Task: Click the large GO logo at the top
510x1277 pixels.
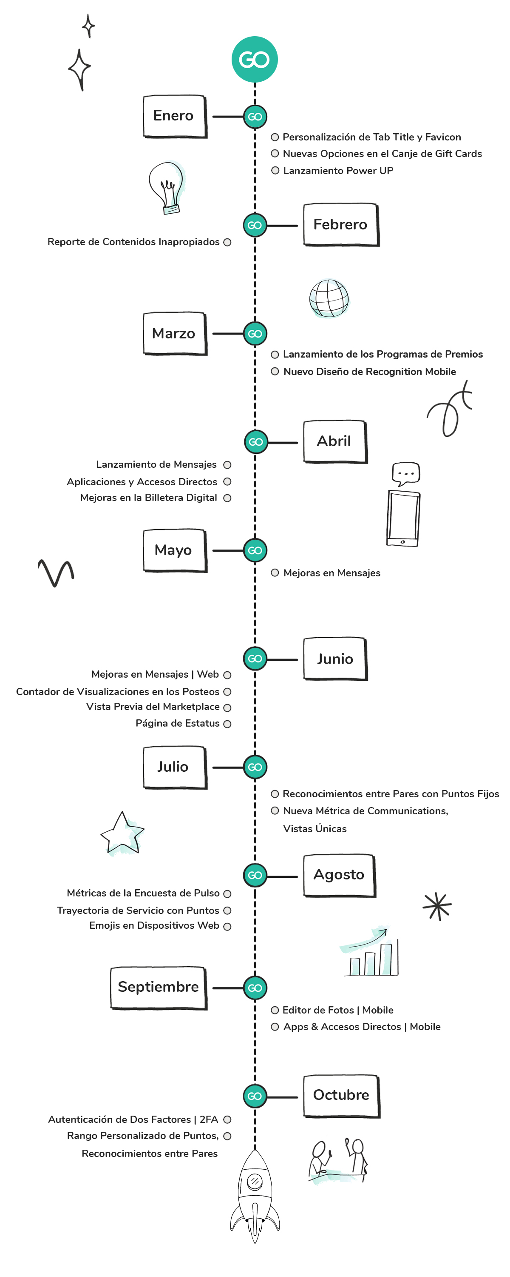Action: (255, 60)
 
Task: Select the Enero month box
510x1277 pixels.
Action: (174, 116)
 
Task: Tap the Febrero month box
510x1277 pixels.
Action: (341, 225)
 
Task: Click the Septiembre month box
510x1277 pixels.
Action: (159, 987)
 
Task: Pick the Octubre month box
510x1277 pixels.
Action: (341, 1096)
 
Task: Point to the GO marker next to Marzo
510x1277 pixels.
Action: (255, 334)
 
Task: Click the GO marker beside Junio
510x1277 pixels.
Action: (255, 659)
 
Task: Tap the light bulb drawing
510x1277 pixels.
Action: (167, 187)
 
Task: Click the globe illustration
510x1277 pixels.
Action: (329, 298)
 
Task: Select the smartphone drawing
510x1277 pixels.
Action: (403, 518)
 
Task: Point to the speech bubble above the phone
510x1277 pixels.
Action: (405, 473)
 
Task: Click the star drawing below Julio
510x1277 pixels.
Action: (122, 834)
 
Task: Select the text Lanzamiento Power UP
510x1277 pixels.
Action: (338, 171)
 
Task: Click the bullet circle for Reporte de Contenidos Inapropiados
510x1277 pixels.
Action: (227, 242)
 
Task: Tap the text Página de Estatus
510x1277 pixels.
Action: (177, 723)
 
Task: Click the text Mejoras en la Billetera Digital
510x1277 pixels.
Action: (149, 498)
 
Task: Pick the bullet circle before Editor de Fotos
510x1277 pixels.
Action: (275, 1010)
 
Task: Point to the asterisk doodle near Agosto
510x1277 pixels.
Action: (437, 906)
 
